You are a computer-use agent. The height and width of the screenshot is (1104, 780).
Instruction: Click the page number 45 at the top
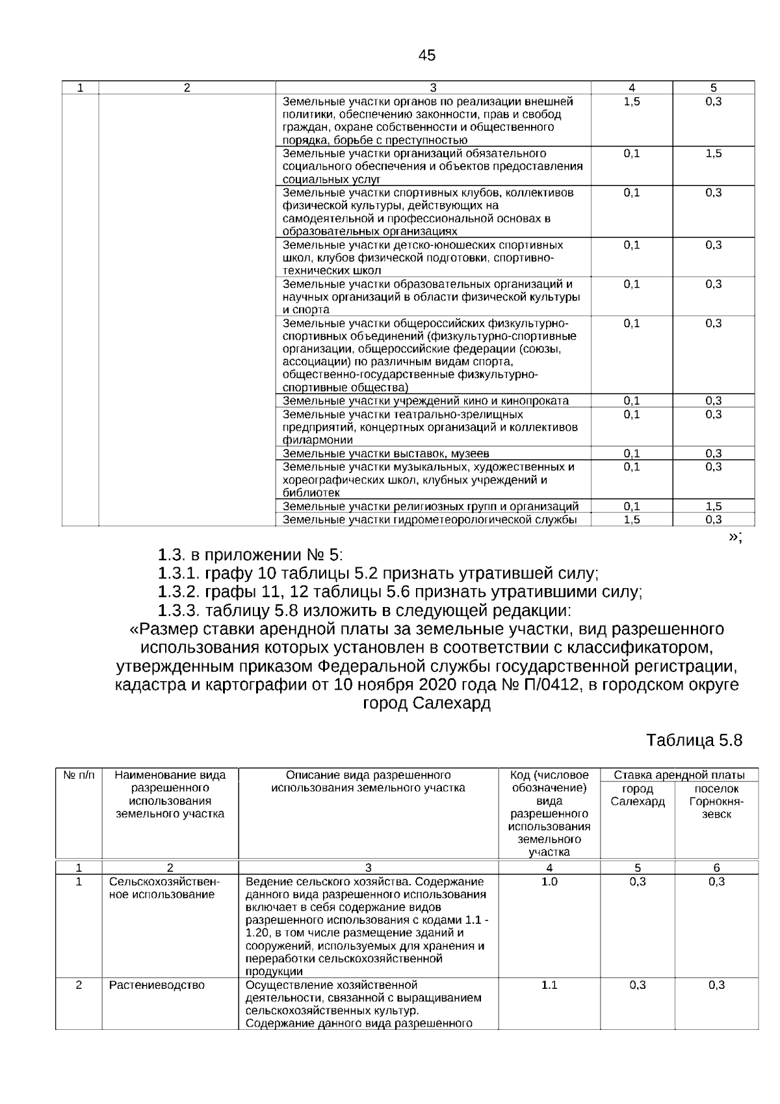coord(427,55)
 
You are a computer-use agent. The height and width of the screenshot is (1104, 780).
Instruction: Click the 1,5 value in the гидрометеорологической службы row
coord(631,519)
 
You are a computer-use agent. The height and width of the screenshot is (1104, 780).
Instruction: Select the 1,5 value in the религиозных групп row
coord(713,506)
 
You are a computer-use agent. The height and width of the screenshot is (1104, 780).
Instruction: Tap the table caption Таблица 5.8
coord(694,740)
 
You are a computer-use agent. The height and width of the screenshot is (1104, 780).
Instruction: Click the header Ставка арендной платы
coord(679,775)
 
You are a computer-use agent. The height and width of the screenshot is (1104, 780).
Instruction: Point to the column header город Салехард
coord(637,795)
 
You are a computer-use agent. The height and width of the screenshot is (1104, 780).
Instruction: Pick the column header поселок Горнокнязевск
coord(716,801)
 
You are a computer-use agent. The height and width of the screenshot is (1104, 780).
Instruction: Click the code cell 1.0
coord(549,882)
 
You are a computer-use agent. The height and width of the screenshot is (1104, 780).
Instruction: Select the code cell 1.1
coord(549,985)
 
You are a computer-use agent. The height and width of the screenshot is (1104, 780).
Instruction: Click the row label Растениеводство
coord(157,985)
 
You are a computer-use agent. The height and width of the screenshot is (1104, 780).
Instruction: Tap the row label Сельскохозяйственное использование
coord(164,888)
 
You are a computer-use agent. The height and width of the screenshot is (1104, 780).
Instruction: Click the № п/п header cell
coord(79,775)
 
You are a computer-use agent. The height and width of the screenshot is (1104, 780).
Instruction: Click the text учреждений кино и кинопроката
coord(481,401)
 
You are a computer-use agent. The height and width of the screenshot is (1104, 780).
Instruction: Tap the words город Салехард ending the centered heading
coord(426,703)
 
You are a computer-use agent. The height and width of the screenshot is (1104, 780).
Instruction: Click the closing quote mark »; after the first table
coord(734,536)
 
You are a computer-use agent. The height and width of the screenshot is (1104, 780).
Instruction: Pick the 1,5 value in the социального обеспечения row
coord(713,154)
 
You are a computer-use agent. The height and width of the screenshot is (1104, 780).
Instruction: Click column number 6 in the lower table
coord(716,867)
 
